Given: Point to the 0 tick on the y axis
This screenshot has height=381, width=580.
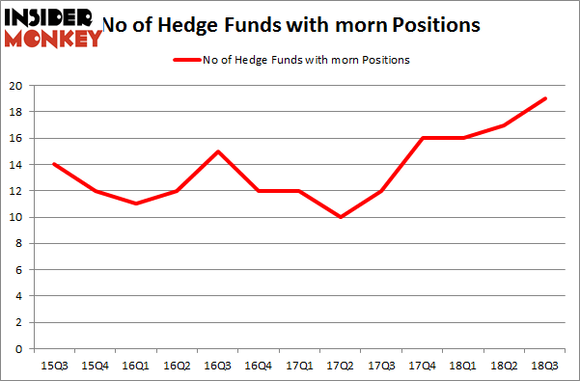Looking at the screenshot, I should click(x=19, y=349).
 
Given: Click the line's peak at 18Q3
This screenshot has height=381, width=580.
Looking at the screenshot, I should click(x=545, y=98).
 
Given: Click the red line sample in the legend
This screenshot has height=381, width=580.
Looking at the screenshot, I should click(x=186, y=60).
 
